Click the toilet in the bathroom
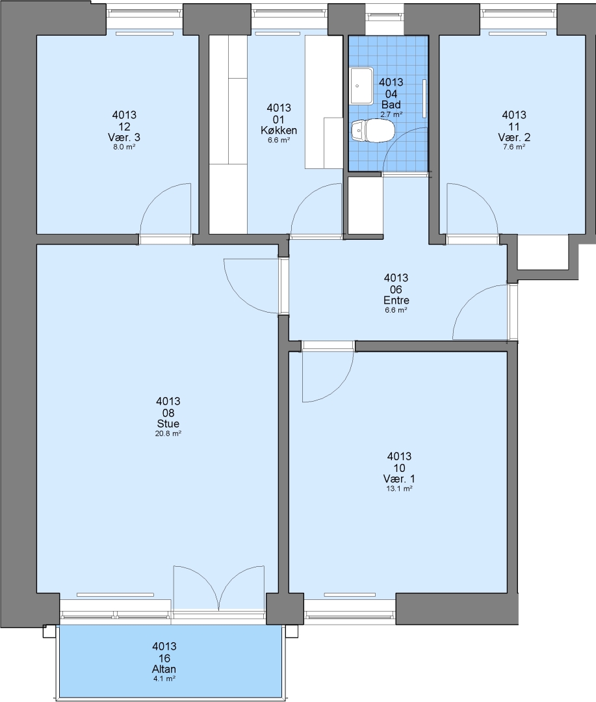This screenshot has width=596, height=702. pos(372,131)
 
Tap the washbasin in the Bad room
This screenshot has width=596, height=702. pos(362,86)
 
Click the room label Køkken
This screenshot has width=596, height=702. pos(279,131)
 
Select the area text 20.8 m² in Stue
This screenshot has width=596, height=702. pos(168,434)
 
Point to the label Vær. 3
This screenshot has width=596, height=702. pos(124,137)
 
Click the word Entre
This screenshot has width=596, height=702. pos(396,300)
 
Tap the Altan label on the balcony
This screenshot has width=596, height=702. pos(164,669)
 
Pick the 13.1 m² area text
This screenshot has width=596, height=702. pos(399,489)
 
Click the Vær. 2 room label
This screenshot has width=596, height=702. pos(514,137)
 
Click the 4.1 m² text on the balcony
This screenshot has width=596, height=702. pos(164,679)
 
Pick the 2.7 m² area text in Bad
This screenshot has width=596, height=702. pos(391,114)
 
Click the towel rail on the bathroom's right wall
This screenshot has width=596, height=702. pos(424,99)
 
